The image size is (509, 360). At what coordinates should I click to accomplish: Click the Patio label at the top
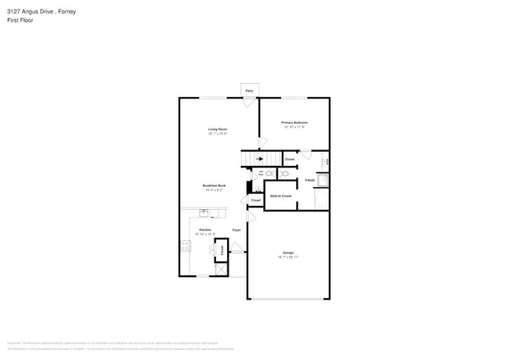[249, 92]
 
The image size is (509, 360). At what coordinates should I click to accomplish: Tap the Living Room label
[218, 128]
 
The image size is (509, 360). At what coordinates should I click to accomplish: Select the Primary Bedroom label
[294, 123]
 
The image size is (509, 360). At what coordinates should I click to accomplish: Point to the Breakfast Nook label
[215, 185]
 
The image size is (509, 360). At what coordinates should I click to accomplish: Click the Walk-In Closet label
[280, 196]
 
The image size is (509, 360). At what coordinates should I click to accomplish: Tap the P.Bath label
[310, 181]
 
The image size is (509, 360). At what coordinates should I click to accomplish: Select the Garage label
[288, 253]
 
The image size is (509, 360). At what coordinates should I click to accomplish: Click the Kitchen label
[204, 229]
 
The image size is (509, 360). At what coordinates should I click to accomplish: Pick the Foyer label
[236, 230]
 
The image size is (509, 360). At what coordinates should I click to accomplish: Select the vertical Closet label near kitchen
[221, 250]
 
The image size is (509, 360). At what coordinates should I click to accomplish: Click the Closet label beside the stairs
[289, 159]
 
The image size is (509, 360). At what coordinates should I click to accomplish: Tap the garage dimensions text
[288, 257]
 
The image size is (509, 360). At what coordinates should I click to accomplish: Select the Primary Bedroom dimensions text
[294, 128]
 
